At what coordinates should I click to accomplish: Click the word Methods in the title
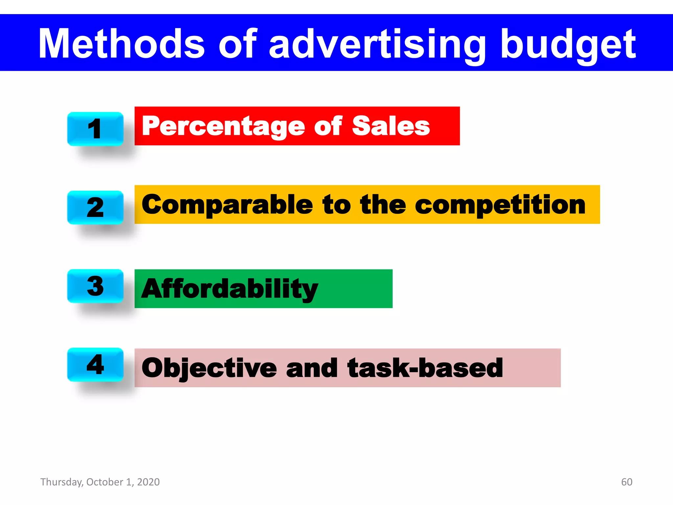122,43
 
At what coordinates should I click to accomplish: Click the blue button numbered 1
95,129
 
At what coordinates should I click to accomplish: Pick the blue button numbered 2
95,207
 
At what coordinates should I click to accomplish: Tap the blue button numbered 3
95,286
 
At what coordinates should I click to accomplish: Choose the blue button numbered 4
95,364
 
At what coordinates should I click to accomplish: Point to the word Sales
391,126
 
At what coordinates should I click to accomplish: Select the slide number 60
627,482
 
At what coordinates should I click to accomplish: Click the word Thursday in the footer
61,482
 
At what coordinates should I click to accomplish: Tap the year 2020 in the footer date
148,482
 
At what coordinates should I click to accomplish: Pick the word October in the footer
104,482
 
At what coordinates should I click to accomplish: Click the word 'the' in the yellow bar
383,204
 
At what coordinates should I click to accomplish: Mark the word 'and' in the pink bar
312,368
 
